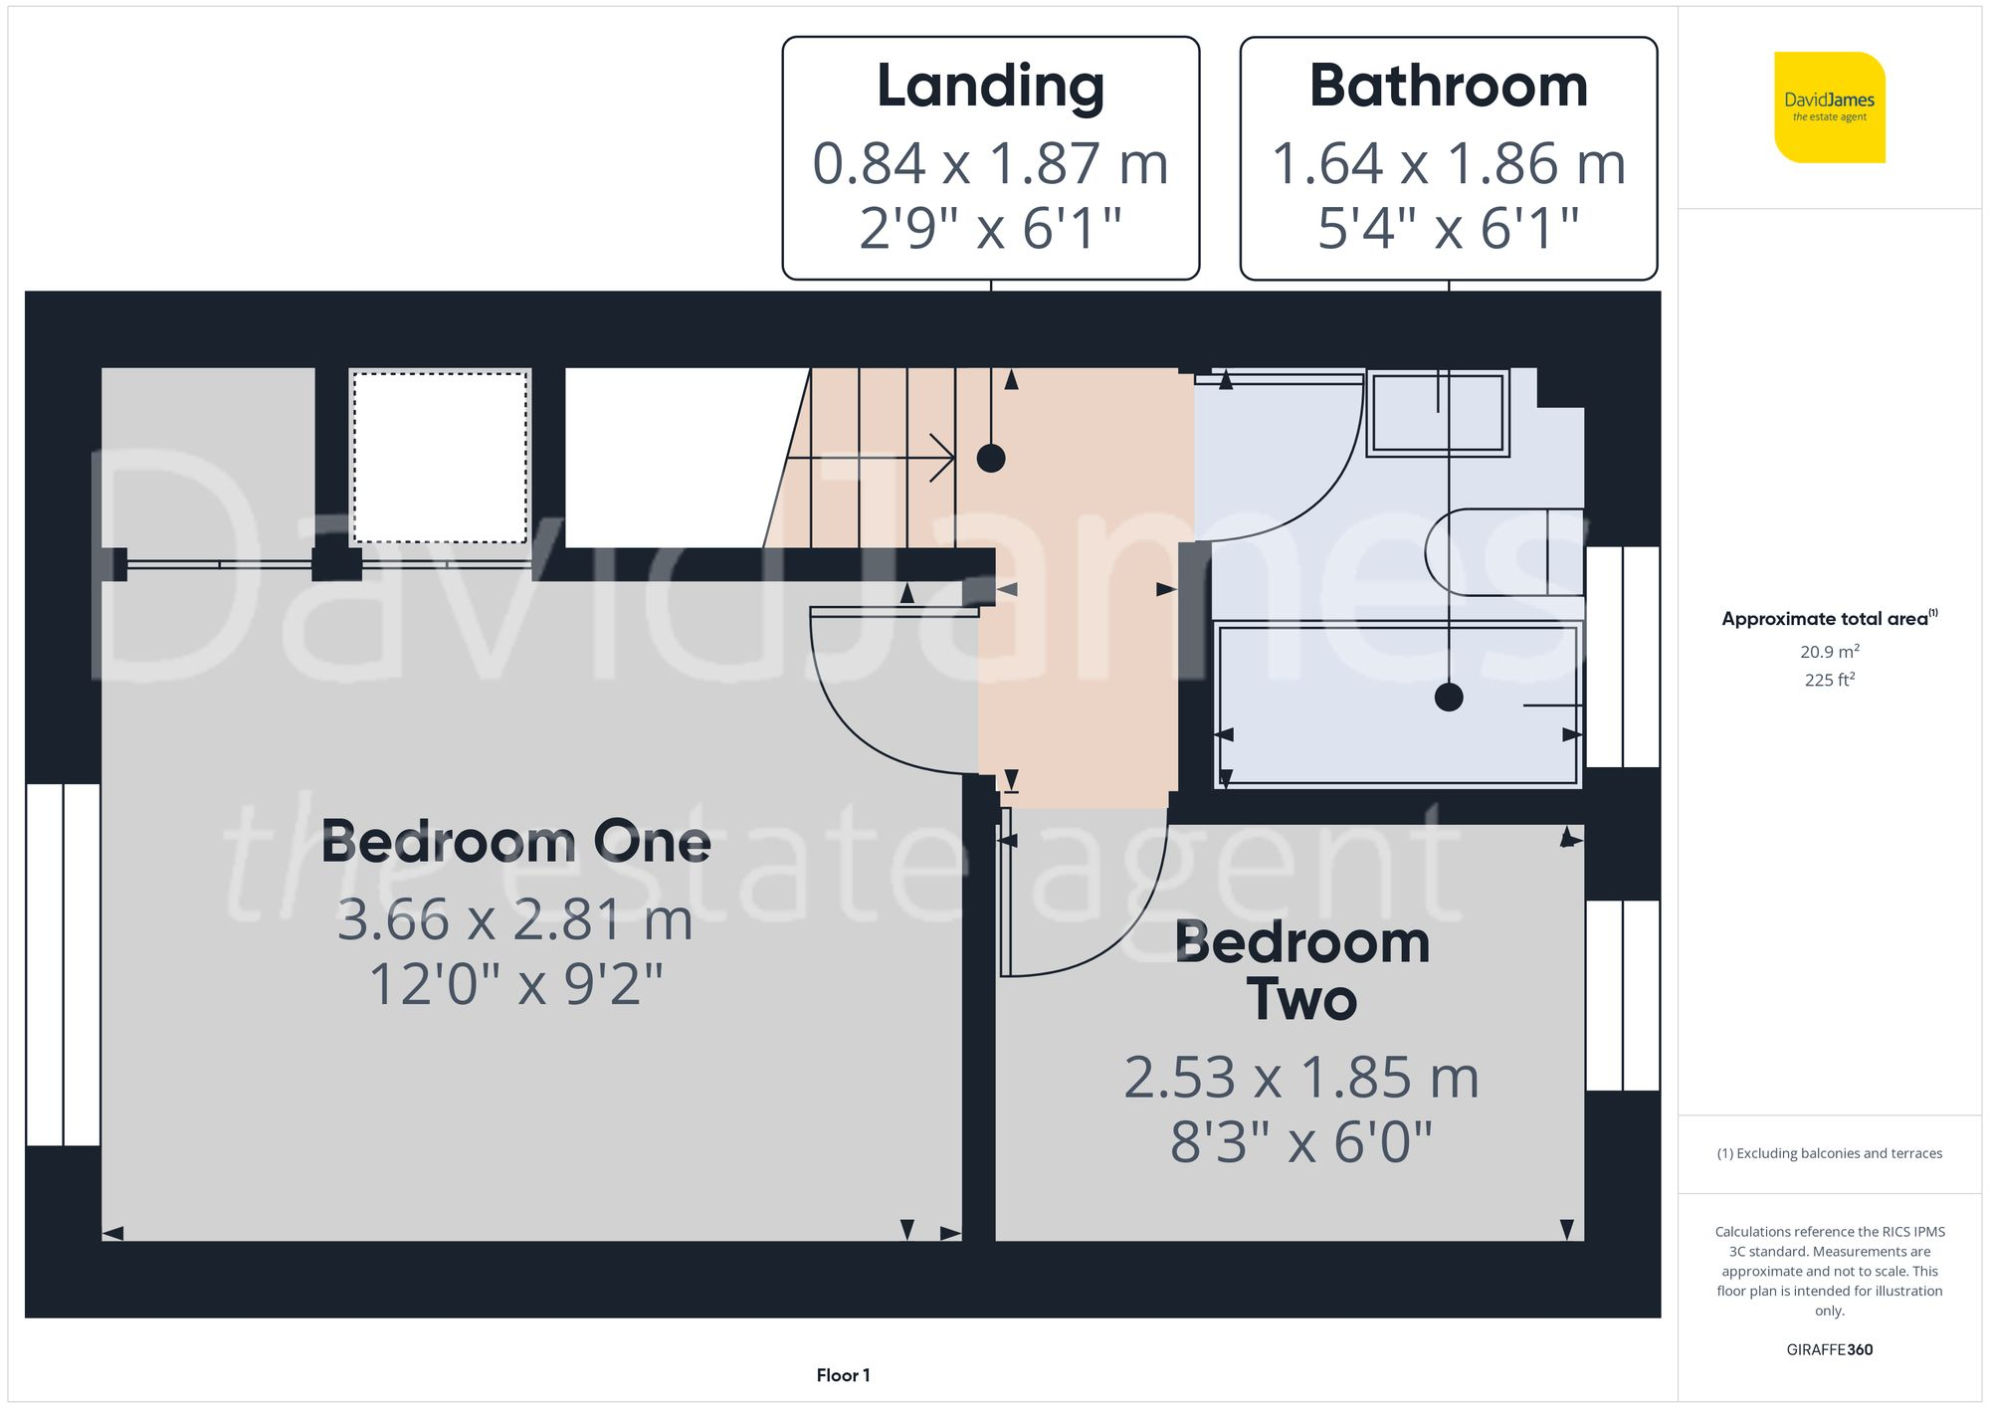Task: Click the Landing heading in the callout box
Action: tap(990, 87)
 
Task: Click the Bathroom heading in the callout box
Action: tap(1448, 87)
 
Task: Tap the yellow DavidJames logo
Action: tap(1829, 107)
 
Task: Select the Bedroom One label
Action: tap(515, 843)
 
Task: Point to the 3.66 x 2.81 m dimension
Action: tap(515, 919)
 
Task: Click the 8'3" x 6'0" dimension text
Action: tap(1301, 1142)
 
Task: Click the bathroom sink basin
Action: tap(1438, 412)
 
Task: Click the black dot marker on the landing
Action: tap(990, 459)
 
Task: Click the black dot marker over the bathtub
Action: tap(1449, 698)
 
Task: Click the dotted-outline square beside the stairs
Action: tap(440, 458)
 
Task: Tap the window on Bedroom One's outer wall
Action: tap(63, 964)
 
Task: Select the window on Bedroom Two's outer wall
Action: tap(1622, 995)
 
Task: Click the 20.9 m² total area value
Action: tap(1829, 652)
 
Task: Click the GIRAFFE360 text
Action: tap(1829, 1350)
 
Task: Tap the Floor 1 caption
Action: tap(843, 1375)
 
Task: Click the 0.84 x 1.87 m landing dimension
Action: tap(990, 164)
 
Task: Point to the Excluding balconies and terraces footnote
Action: tap(1829, 1154)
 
